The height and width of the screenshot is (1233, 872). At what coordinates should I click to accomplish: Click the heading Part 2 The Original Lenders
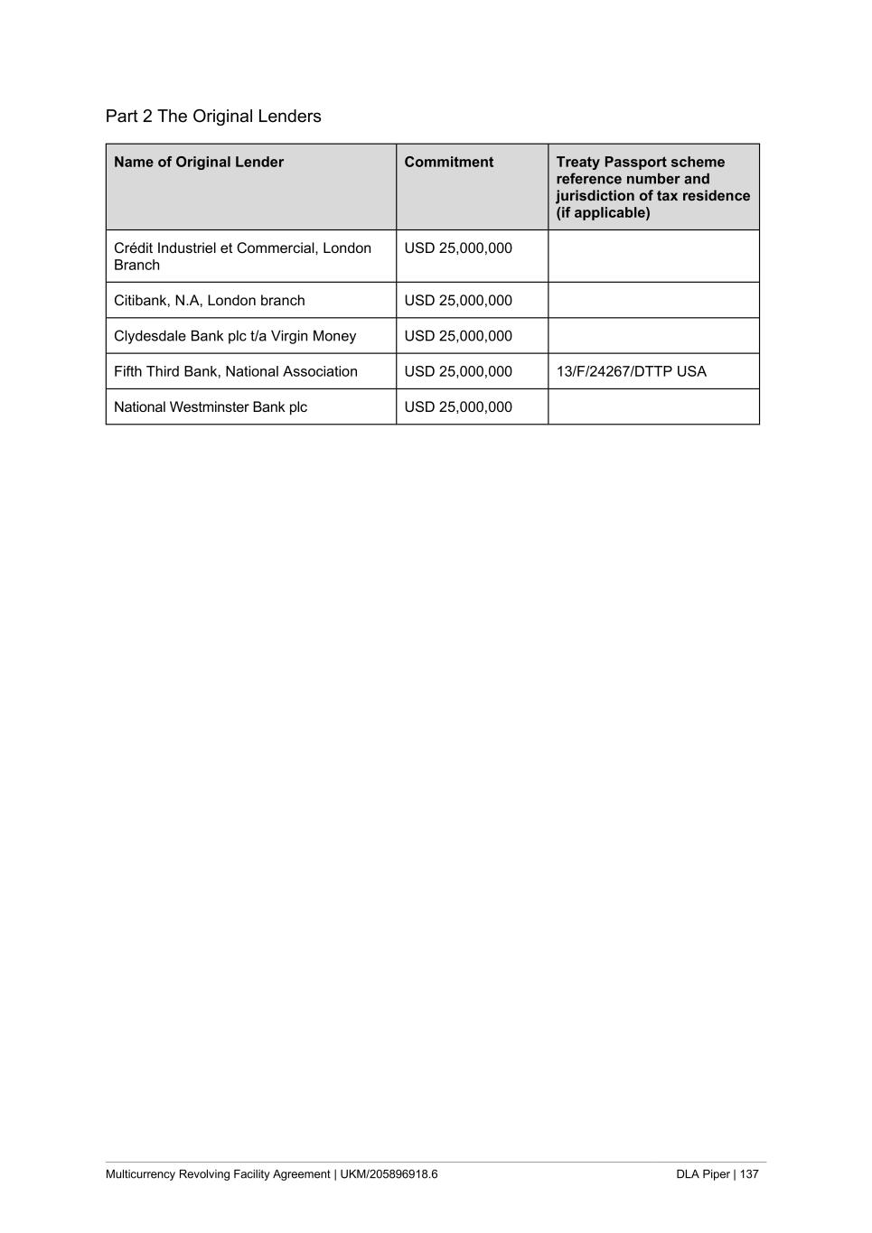pyautogui.click(x=213, y=117)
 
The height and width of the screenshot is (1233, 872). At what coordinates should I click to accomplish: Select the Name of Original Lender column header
pyautogui.click(x=199, y=163)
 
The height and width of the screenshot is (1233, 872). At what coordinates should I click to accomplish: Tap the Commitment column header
pyautogui.click(x=449, y=163)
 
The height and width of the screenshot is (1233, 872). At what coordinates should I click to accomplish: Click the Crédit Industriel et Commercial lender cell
pyautogui.click(x=242, y=257)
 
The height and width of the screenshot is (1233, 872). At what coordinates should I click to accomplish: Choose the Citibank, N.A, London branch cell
pyautogui.click(x=210, y=301)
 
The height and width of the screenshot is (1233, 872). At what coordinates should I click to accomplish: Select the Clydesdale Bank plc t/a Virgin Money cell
pyautogui.click(x=235, y=336)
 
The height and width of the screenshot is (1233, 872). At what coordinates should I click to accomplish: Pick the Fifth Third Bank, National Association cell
pyautogui.click(x=236, y=371)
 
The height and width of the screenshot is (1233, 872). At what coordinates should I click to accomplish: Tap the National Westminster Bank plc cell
pyautogui.click(x=211, y=407)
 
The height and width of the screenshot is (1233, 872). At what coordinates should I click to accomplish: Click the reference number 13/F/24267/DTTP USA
pyautogui.click(x=632, y=371)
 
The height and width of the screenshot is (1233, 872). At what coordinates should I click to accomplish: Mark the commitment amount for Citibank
pyautogui.click(x=458, y=301)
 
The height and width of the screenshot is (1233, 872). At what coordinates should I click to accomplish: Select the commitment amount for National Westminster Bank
pyautogui.click(x=458, y=407)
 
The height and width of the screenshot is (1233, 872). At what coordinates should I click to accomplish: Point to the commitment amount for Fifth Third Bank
pyautogui.click(x=458, y=371)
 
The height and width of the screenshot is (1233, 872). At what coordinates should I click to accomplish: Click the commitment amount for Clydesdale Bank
pyautogui.click(x=458, y=336)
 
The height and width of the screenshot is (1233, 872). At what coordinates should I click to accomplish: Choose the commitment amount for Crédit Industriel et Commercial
pyautogui.click(x=458, y=248)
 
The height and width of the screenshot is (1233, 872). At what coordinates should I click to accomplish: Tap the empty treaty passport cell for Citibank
pyautogui.click(x=653, y=301)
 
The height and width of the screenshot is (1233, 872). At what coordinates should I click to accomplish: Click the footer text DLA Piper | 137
pyautogui.click(x=717, y=1174)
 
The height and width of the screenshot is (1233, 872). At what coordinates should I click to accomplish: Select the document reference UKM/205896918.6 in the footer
pyautogui.click(x=389, y=1174)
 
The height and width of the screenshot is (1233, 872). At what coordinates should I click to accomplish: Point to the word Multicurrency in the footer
pyautogui.click(x=141, y=1174)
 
